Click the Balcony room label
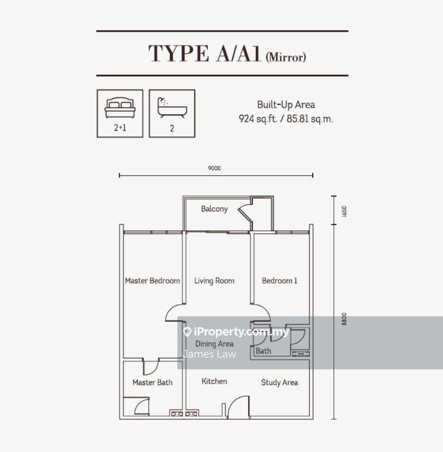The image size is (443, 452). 214,209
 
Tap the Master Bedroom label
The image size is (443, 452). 152,281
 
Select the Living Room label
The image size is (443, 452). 214,281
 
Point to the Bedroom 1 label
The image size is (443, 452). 279,281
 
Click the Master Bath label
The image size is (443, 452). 152,382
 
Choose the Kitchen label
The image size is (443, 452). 214,381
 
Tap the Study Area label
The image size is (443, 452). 279,383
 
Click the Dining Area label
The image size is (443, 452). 214,344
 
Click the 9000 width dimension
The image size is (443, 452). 214,168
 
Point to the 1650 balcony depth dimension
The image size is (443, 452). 344,211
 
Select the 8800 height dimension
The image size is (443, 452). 344,319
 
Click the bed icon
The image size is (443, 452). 120,108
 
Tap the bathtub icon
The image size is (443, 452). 172,108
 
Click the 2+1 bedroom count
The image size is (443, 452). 120,128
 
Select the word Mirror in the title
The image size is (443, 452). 286,57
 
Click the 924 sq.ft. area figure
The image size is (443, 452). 258,119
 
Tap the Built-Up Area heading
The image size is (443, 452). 286,104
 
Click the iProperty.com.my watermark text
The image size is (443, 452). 241,332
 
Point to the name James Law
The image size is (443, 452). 209,354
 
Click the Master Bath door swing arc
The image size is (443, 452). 153,368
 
